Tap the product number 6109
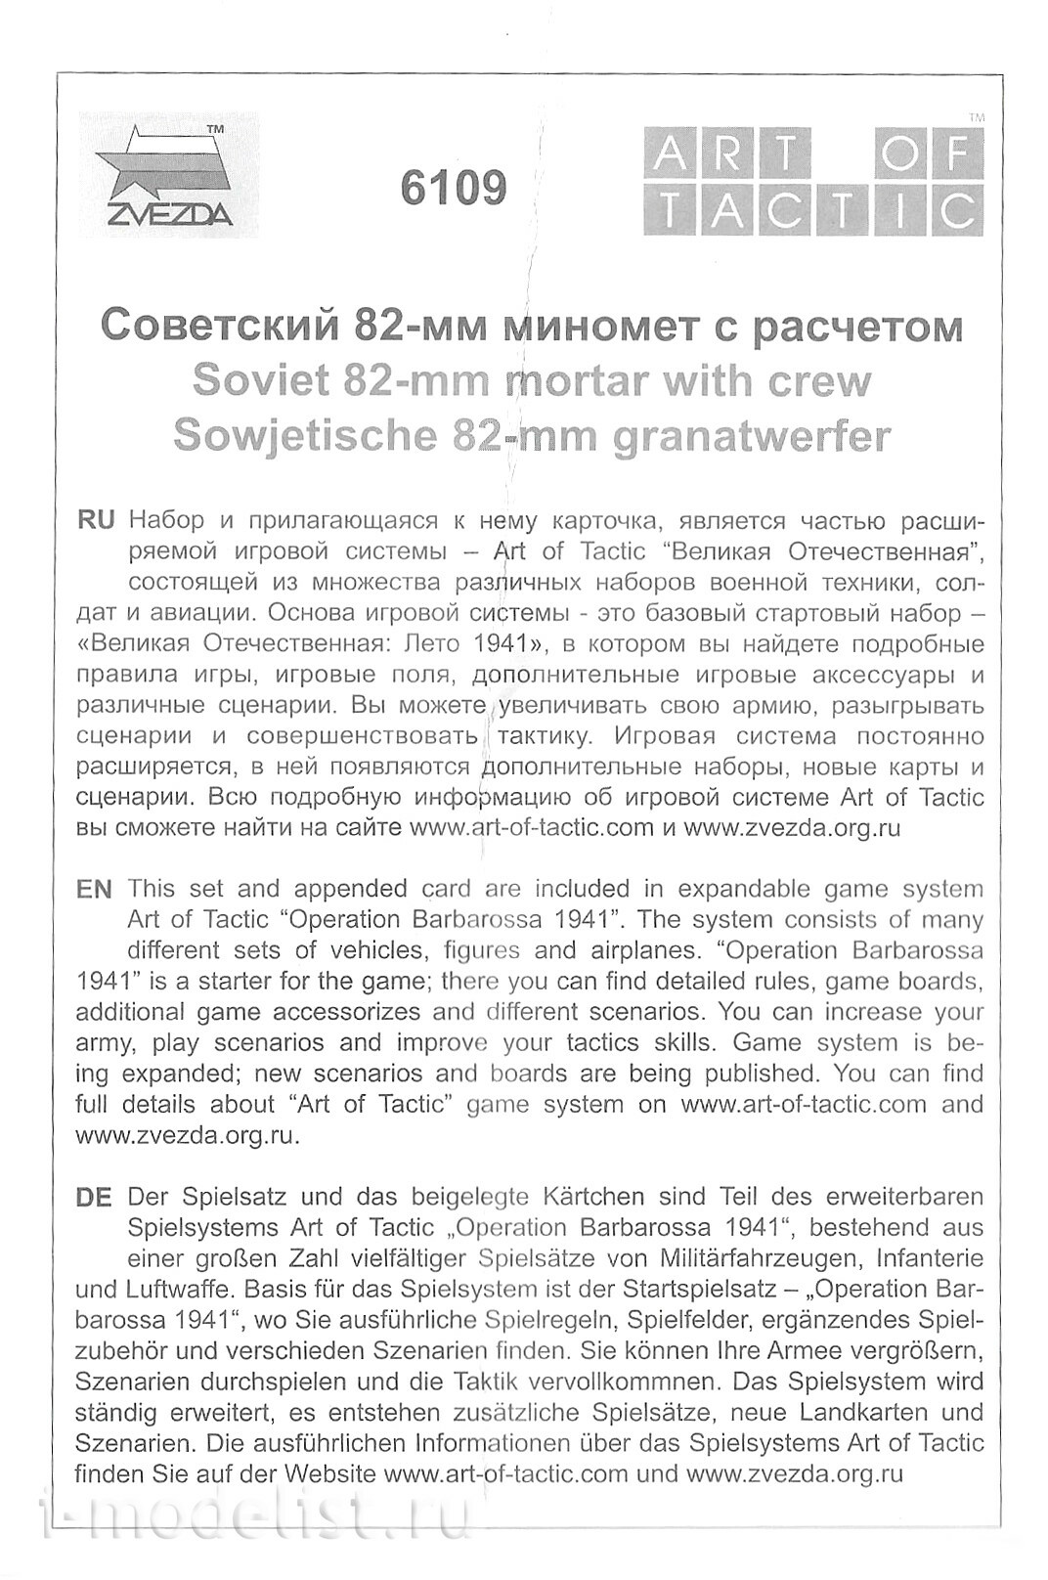tap(454, 188)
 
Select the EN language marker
tap(94, 889)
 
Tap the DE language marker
tap(94, 1197)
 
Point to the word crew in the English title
tap(824, 380)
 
